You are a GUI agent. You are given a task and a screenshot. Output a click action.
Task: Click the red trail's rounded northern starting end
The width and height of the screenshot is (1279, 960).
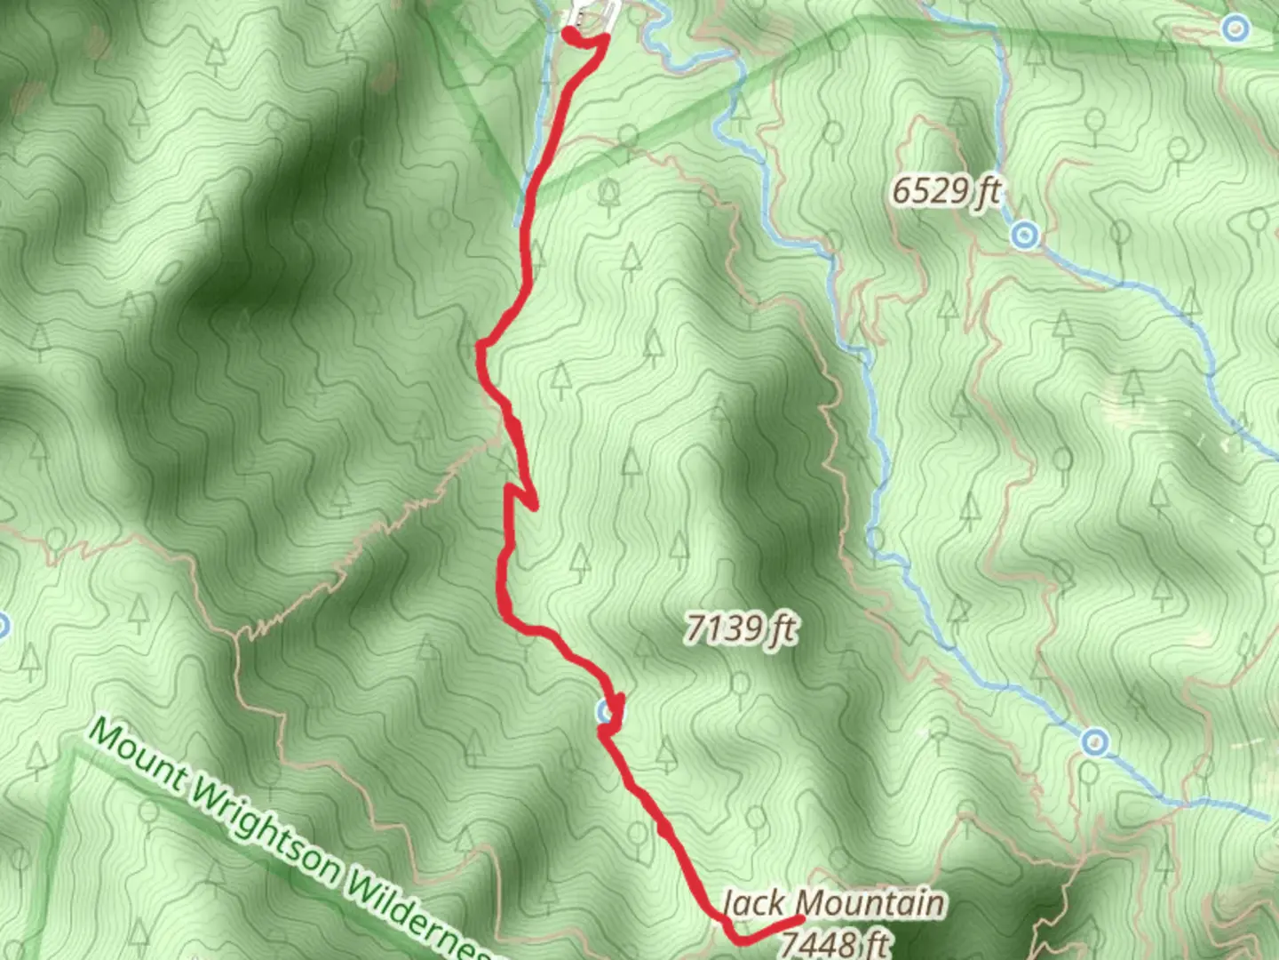pos(569,33)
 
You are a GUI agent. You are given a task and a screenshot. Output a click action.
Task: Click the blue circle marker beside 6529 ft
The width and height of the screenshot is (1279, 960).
pos(1026,236)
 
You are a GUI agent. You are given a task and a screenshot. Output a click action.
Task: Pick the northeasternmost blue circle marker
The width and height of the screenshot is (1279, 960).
pos(1235,28)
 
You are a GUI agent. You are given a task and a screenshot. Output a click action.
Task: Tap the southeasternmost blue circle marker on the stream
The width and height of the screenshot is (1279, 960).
pos(1095,741)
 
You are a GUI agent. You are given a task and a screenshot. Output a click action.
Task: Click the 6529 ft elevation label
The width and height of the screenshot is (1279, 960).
pos(947,190)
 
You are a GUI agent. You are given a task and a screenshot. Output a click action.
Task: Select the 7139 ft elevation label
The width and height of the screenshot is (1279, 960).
pos(740,629)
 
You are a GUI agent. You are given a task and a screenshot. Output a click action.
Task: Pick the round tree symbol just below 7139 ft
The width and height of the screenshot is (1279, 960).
pos(739,683)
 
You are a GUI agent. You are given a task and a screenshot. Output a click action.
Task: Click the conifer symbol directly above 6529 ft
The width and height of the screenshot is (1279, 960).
pos(957,115)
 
